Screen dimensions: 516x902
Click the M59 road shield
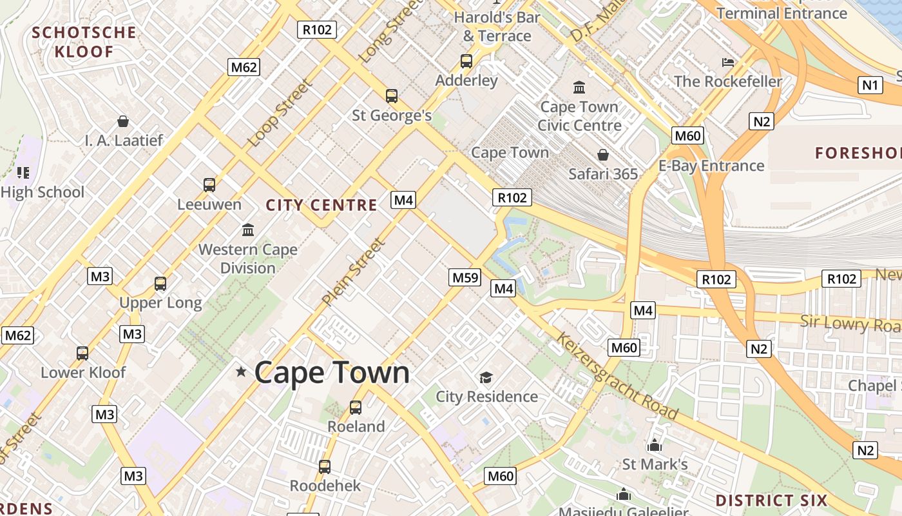click(x=465, y=277)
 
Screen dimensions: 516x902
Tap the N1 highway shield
click(x=870, y=84)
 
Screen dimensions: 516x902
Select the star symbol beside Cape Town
click(x=241, y=372)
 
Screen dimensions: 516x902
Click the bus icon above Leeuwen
click(x=209, y=185)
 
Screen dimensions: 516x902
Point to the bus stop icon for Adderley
click(x=466, y=61)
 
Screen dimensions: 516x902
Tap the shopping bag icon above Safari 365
click(x=603, y=155)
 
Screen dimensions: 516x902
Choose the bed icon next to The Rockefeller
click(x=728, y=63)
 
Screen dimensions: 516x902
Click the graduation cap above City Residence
click(x=486, y=377)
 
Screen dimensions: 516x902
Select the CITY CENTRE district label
click(x=321, y=205)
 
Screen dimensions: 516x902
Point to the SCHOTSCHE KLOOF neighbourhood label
click(x=84, y=42)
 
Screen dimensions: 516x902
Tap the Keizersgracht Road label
click(x=617, y=375)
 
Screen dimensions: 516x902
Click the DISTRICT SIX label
click(x=771, y=501)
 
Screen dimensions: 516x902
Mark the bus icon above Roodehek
click(x=325, y=466)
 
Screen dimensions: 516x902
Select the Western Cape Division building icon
click(x=248, y=230)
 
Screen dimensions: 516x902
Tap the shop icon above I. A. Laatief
click(x=123, y=121)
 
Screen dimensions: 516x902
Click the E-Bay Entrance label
click(x=711, y=166)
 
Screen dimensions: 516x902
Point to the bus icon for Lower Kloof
click(x=82, y=353)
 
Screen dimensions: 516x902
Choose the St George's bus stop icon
click(x=392, y=96)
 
